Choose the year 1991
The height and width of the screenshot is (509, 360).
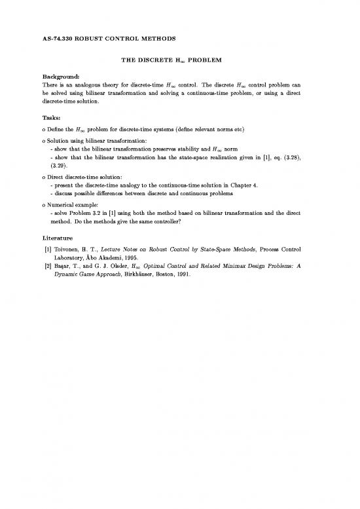183,276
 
